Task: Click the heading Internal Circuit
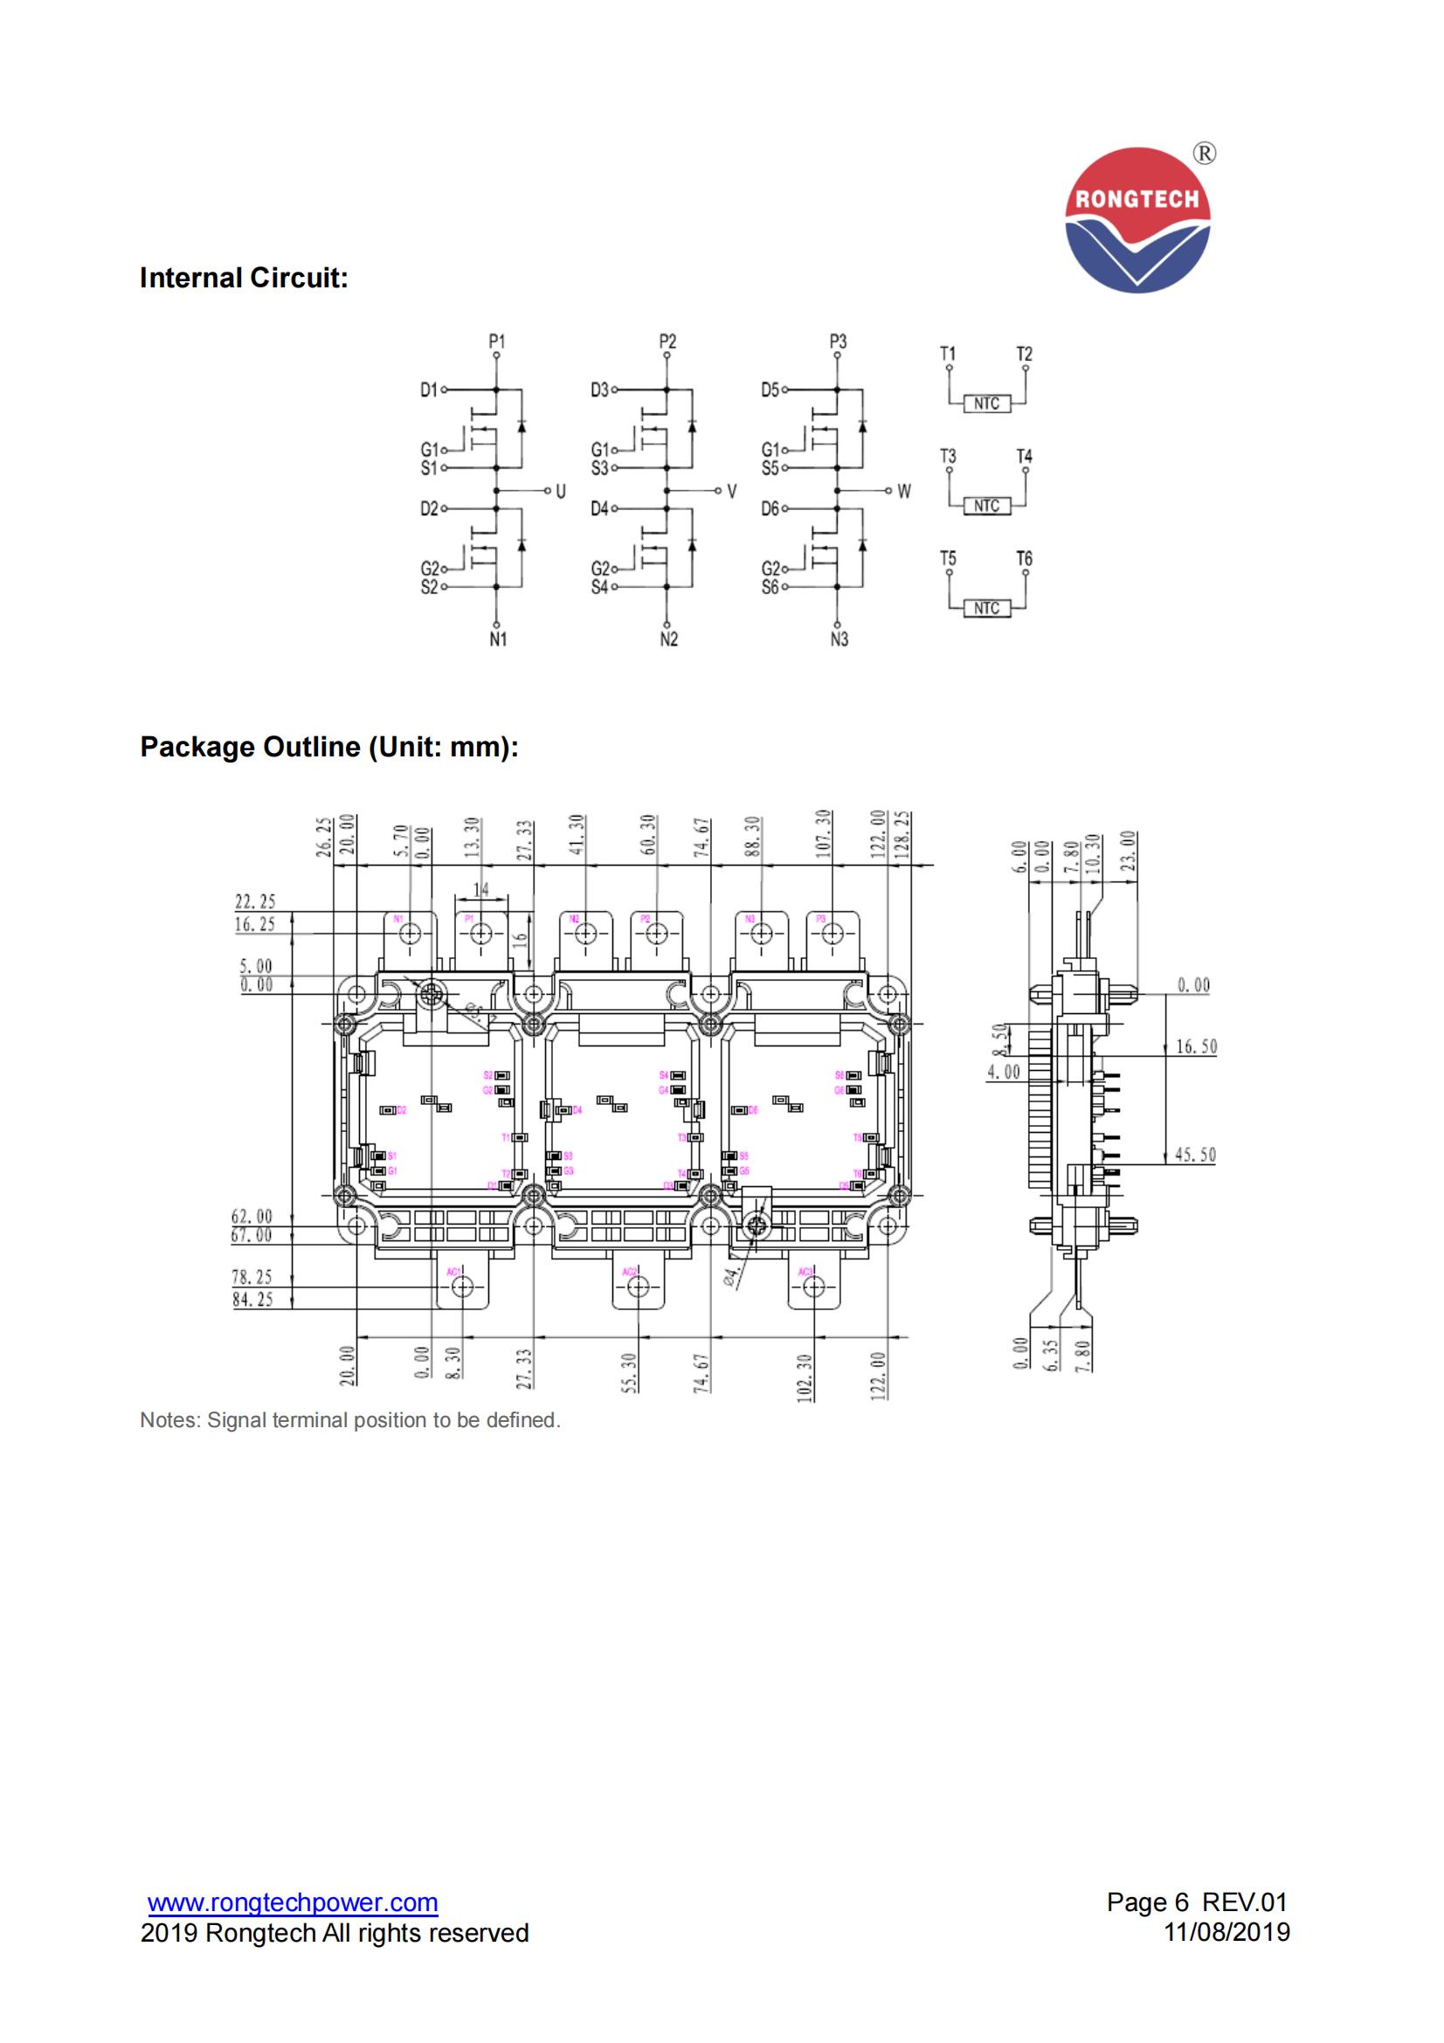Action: point(244,279)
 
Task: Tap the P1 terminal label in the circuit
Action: point(496,342)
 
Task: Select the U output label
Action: point(560,491)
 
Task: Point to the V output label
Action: point(731,491)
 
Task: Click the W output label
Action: point(904,491)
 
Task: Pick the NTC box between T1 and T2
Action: point(985,404)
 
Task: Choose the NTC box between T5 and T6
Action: point(985,609)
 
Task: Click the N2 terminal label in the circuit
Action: point(668,639)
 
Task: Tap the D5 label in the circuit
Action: point(770,390)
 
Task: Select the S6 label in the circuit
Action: point(770,587)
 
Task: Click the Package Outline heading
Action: point(329,747)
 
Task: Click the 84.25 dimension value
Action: point(252,1300)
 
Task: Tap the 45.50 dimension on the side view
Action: point(1196,1155)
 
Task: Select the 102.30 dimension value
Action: point(805,1378)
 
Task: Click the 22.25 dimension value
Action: point(254,902)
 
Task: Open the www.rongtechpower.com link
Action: point(293,1903)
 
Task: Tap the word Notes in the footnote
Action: point(169,1420)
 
